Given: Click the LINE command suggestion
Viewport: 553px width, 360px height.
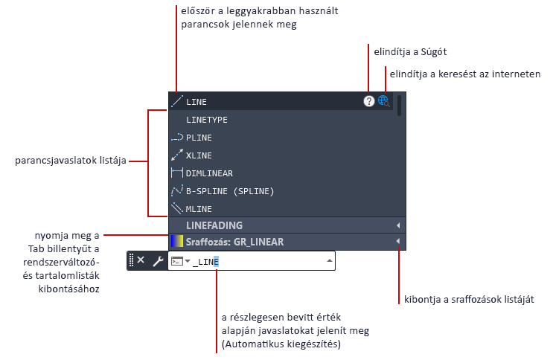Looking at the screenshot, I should [x=196, y=102].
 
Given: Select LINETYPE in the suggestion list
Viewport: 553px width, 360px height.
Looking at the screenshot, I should [x=206, y=120].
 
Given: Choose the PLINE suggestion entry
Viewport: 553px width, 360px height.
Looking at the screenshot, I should [x=199, y=138].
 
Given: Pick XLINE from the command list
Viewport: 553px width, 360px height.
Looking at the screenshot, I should [x=199, y=155].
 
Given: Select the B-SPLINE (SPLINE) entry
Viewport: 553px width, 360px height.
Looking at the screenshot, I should [x=229, y=191].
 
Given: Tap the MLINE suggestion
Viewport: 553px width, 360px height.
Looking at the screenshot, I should [x=199, y=209].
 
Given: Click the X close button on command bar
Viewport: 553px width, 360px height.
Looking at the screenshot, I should [x=141, y=260].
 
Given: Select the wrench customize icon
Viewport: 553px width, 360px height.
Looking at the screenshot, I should [x=157, y=260].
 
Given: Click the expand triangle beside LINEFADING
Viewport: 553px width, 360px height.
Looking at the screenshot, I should [x=397, y=225].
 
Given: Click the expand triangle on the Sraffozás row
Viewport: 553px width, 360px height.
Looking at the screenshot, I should [x=397, y=242].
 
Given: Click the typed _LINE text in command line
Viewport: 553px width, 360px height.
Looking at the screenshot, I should [x=205, y=261].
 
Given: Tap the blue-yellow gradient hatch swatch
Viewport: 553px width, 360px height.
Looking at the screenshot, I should [x=177, y=242].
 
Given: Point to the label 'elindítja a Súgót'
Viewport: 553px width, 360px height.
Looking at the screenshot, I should [x=410, y=51].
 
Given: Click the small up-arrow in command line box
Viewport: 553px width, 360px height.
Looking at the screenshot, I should [x=328, y=260].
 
